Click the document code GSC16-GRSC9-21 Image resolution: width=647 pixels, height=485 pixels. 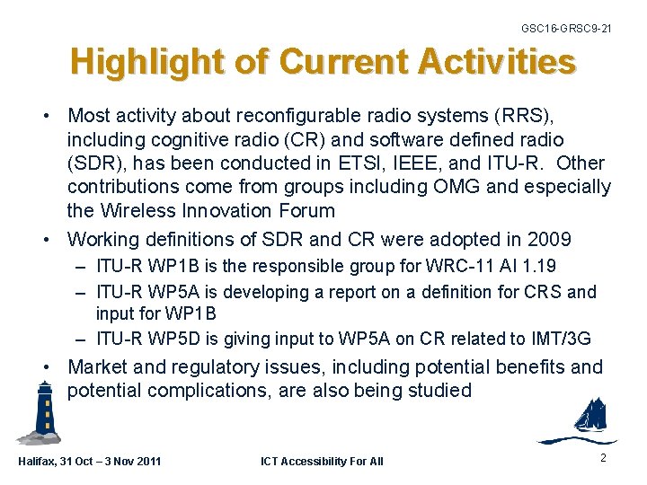566,29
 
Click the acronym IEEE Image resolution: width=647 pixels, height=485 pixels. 444,163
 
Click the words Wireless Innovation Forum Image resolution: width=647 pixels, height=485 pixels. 217,210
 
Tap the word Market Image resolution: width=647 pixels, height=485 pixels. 100,366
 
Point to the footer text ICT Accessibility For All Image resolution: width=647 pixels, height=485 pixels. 322,461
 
